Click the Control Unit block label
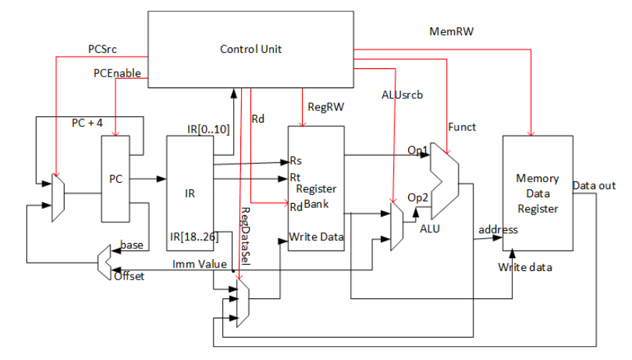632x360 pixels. [x=250, y=49]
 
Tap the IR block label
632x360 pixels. [x=189, y=193]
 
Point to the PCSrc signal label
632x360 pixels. [x=103, y=49]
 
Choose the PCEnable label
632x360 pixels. [x=116, y=73]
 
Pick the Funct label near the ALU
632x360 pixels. [x=462, y=127]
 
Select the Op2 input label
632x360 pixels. [x=418, y=197]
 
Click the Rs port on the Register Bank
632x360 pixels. [x=295, y=161]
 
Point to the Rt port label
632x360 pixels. [x=294, y=176]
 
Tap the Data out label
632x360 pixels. [x=593, y=186]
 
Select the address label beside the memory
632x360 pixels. [x=498, y=229]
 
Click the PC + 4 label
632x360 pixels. [x=87, y=123]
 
